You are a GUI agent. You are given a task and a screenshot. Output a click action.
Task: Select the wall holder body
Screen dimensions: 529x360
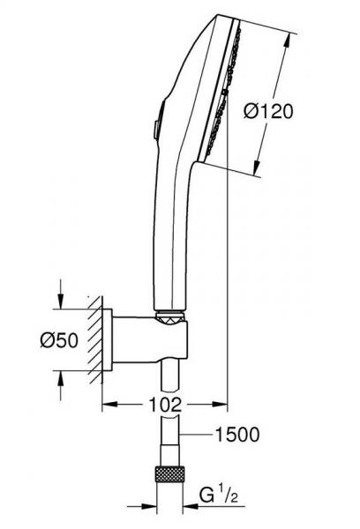(x=150, y=340)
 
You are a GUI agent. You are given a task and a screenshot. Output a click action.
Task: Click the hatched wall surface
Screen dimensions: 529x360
(x=94, y=339)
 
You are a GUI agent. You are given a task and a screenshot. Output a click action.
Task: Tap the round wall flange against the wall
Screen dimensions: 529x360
(x=108, y=340)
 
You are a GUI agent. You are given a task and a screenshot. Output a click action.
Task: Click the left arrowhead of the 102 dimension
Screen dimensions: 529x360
(x=107, y=405)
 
